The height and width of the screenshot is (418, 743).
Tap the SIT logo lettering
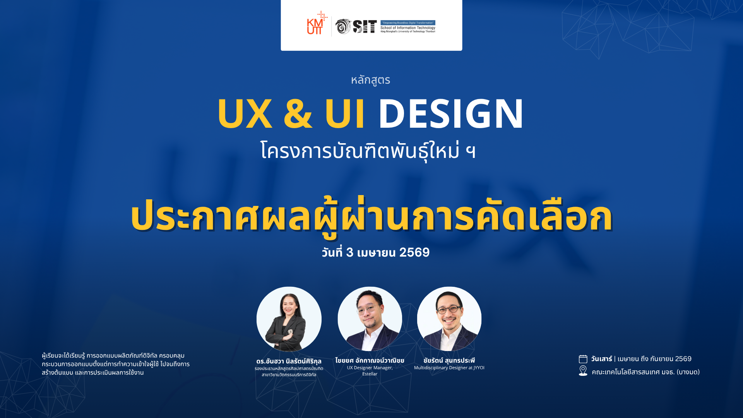pos(365,27)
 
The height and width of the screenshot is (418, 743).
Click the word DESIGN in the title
pos(451,113)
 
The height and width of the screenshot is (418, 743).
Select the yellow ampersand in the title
pos(298,113)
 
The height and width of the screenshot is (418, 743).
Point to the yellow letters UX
pos(245,113)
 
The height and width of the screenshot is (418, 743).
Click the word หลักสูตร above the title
pos(370,80)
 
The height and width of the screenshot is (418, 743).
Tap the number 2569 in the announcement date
pos(414,252)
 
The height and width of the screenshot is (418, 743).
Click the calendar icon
pos(583,359)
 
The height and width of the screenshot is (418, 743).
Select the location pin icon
pos(583,371)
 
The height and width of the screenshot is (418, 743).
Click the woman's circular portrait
pos(289,319)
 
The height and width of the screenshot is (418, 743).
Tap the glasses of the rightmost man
pos(449,310)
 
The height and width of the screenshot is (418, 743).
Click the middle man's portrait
pos(370,319)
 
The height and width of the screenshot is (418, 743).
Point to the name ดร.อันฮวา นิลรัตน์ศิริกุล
pos(289,361)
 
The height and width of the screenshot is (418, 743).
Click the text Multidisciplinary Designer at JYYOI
pos(449,368)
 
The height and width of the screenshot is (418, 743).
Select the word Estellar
pos(370,374)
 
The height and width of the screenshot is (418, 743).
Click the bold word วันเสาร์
pos(601,359)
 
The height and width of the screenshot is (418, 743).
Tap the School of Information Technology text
pos(408,28)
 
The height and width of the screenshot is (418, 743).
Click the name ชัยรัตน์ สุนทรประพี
pos(449,360)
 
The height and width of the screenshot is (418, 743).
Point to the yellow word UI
pos(344,113)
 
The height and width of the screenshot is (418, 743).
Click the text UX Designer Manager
pos(370,368)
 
